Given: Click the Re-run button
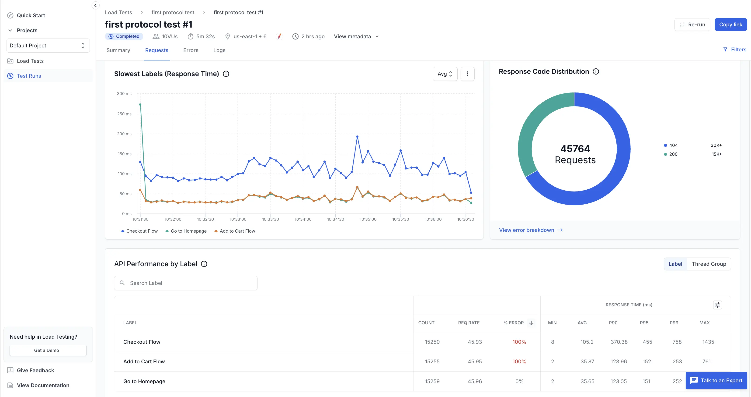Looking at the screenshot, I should (692, 25).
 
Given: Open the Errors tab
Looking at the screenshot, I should (191, 50).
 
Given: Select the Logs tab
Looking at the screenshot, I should (219, 50).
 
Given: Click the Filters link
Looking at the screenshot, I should (735, 50).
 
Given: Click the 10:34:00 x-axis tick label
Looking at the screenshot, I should (303, 219).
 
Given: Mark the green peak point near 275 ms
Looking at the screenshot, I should (140, 105).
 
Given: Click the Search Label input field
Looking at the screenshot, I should (186, 283).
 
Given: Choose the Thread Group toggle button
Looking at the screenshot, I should (709, 264).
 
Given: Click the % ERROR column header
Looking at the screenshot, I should (513, 323).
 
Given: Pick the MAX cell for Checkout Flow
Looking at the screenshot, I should (708, 342).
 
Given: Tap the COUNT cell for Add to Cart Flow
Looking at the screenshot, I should (432, 362).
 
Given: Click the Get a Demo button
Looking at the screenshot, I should (47, 350).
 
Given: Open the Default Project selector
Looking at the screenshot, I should (48, 46).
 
